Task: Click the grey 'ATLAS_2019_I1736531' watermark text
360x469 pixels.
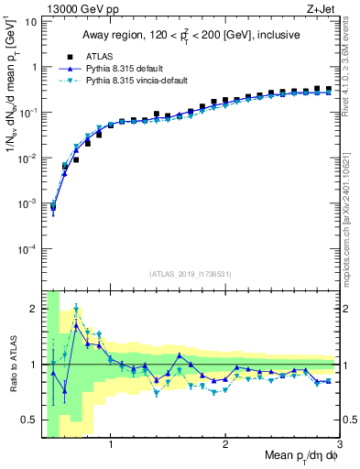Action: pos(191,274)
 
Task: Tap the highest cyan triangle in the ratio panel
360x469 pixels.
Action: pos(76,309)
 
